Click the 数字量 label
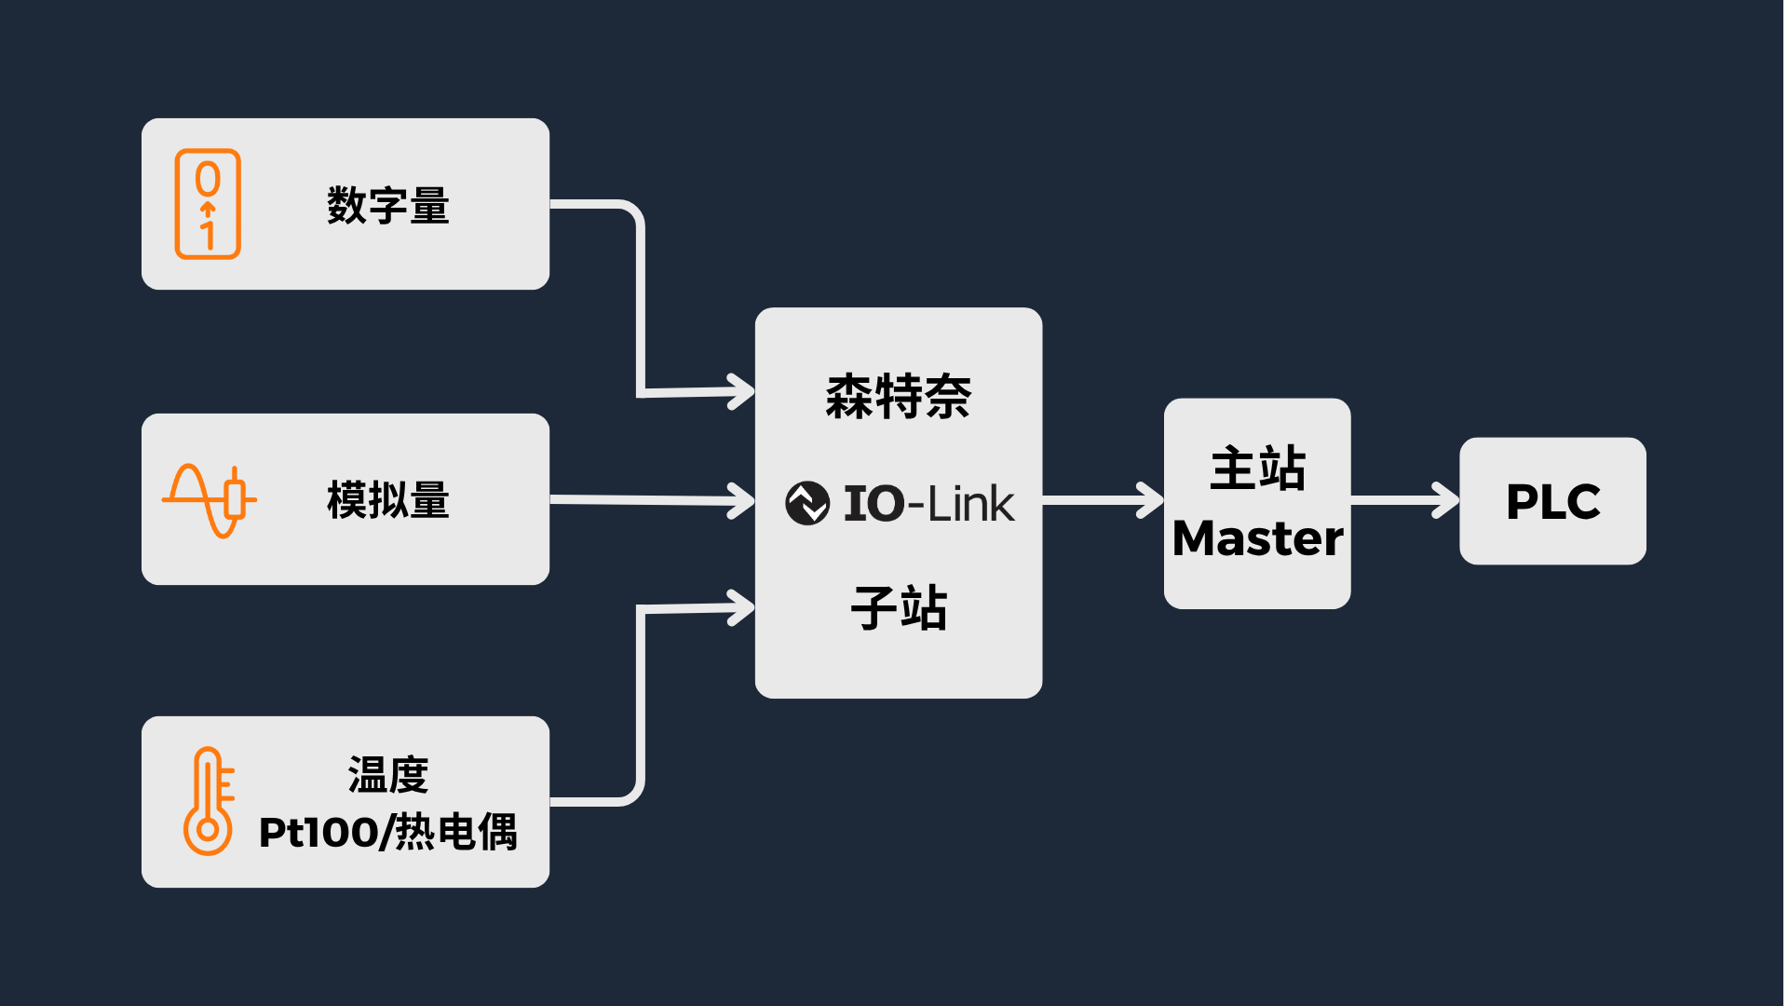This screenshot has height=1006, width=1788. click(387, 205)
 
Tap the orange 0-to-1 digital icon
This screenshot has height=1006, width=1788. click(208, 204)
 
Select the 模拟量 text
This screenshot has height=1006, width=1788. click(387, 500)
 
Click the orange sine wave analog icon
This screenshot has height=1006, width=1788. click(209, 500)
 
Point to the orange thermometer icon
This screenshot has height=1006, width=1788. click(208, 801)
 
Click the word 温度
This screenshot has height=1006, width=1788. click(387, 775)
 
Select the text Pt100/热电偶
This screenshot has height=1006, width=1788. click(387, 832)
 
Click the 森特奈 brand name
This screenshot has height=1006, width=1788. click(898, 397)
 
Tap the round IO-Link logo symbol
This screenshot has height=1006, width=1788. click(806, 503)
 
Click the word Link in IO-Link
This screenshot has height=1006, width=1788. click(970, 504)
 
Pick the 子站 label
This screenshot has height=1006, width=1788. click(898, 608)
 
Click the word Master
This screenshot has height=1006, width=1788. click(1257, 538)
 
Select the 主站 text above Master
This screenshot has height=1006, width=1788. click(1257, 469)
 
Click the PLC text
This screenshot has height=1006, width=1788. click(1552, 502)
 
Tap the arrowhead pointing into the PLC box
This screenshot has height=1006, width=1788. click(1446, 500)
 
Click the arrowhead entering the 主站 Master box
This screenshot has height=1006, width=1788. click(1151, 500)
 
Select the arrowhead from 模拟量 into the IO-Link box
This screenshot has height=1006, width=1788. click(742, 501)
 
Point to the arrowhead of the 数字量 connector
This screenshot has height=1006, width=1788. click(742, 391)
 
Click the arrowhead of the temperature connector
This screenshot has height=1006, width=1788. click(742, 608)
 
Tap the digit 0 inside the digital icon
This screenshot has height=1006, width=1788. click(208, 178)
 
